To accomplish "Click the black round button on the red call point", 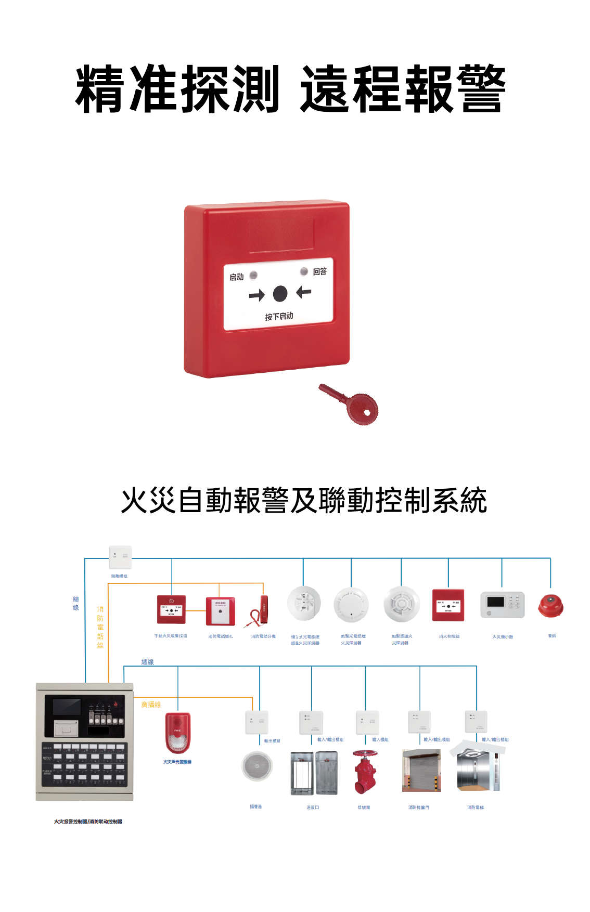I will (x=280, y=294).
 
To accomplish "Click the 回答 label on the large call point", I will (x=319, y=271).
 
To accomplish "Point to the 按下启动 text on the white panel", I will (x=279, y=316).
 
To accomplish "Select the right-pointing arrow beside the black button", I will (x=256, y=296).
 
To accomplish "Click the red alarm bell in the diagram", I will (x=550, y=606).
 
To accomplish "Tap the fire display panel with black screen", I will (x=502, y=604).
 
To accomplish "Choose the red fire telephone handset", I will (x=260, y=610).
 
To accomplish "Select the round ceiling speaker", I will (x=257, y=766).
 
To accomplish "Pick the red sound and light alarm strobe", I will (x=178, y=733).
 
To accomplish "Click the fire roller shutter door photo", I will (x=421, y=771).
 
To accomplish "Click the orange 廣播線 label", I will (x=151, y=705).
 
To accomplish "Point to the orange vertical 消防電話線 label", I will (x=100, y=627).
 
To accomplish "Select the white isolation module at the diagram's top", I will (x=120, y=557).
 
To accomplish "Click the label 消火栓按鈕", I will (x=449, y=636).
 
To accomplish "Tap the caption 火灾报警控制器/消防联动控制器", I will (x=88, y=822).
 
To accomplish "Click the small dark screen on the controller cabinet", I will (x=67, y=707).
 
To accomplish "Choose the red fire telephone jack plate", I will (x=220, y=611).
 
